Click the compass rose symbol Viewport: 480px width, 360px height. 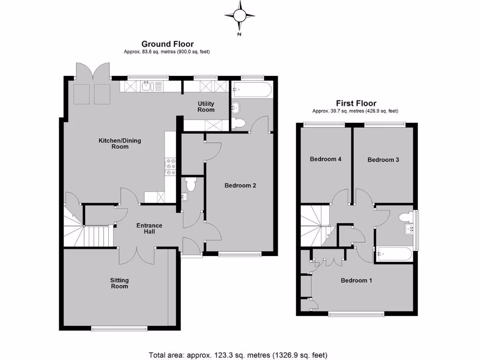coord(240,16)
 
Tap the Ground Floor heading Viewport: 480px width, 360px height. coord(167,44)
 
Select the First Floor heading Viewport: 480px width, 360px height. coord(356,104)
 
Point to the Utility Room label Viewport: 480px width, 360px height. coord(206,106)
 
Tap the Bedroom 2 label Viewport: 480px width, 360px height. coord(240,186)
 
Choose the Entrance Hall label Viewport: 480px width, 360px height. coord(149,229)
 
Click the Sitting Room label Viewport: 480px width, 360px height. coord(119,283)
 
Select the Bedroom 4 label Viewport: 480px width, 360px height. coord(325,159)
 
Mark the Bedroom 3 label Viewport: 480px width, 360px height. coord(383,160)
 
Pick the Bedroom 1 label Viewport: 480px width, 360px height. coord(356,281)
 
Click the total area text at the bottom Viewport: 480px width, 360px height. coord(238,355)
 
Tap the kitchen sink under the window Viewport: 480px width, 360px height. coord(147,86)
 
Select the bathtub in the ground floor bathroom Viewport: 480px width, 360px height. coord(251,89)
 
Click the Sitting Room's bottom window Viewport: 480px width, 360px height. coord(119,329)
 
